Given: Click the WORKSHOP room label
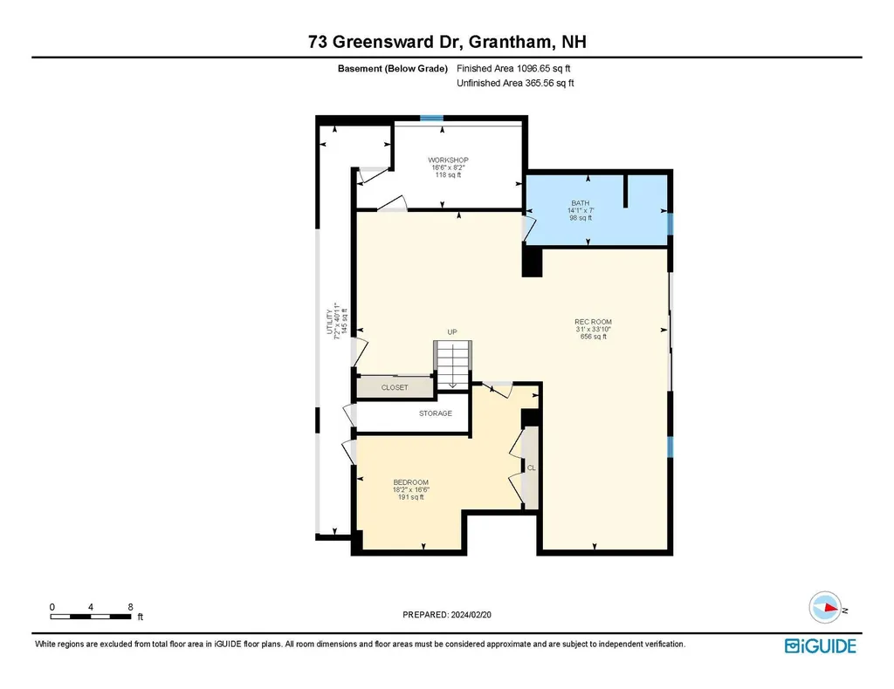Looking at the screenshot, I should tap(448, 160).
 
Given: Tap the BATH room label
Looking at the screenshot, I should tap(581, 203).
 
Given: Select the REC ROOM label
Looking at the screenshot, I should tap(593, 322).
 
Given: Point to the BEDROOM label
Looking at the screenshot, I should tap(410, 482).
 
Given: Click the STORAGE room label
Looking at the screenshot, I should tap(435, 413).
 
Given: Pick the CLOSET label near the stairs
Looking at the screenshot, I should tap(395, 387).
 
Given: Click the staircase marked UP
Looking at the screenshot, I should tap(452, 362).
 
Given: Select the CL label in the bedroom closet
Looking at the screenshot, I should tap(531, 467).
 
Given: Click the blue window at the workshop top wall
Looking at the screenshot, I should tap(430, 118).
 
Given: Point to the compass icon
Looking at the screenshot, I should tap(825, 608).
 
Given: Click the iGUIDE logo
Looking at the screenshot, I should tap(820, 646).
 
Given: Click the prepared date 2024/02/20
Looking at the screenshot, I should tap(452, 615).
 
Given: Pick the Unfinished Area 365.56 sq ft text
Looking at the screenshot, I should tap(515, 84).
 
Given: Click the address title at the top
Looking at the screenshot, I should tap(446, 42).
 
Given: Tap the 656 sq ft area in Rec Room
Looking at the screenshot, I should tap(593, 337).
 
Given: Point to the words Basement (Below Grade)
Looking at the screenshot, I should tap(392, 68).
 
